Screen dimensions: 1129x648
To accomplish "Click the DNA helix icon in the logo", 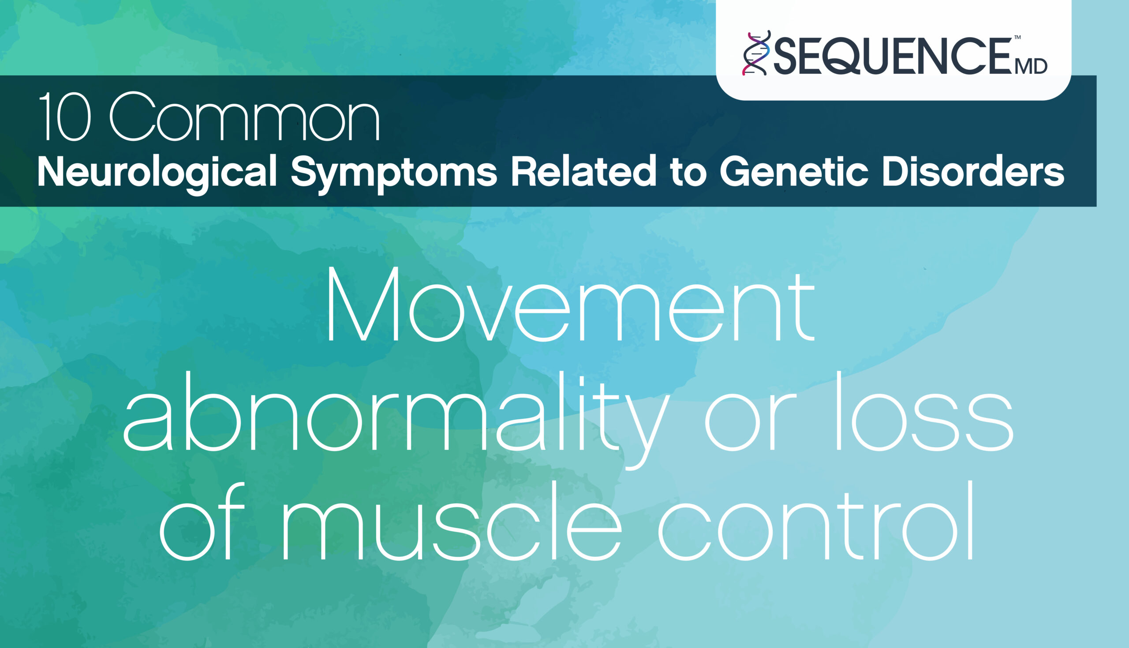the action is pyautogui.click(x=756, y=53).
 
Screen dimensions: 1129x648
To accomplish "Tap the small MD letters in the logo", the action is pyautogui.click(x=1031, y=67).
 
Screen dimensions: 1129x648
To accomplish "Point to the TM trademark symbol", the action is pyautogui.click(x=1017, y=38).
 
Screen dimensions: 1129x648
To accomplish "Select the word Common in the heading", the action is pyautogui.click(x=245, y=117).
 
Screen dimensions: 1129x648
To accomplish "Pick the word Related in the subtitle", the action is pyautogui.click(x=583, y=171).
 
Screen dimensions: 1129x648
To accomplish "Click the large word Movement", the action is pyautogui.click(x=571, y=305).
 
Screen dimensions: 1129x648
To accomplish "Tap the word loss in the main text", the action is pyautogui.click(x=923, y=411).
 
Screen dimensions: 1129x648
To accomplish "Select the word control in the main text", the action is pyautogui.click(x=816, y=521).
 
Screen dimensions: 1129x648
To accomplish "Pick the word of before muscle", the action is pyautogui.click(x=203, y=521).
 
